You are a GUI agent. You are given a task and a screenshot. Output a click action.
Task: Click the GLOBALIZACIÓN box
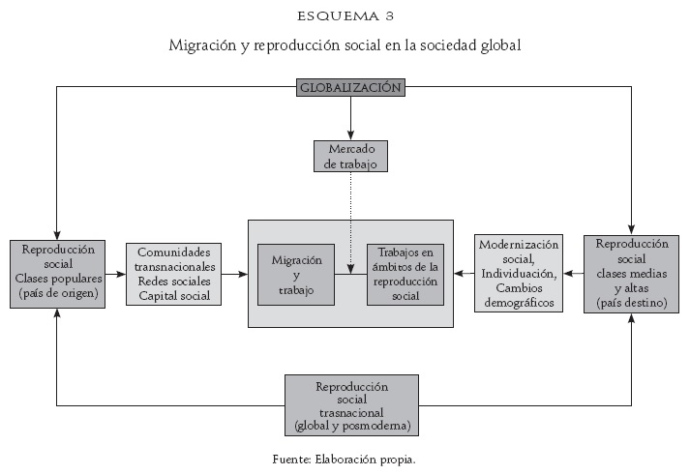point(350,87)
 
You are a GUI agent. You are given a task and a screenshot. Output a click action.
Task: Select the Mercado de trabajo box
point(350,156)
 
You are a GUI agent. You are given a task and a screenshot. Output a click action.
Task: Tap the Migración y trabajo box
point(297,275)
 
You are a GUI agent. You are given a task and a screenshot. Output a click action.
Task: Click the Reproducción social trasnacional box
point(350,405)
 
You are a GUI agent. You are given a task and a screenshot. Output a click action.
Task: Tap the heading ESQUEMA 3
point(345,16)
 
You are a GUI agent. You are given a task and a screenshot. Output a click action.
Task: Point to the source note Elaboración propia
point(345,460)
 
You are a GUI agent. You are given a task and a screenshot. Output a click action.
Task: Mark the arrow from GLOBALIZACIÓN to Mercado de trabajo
point(350,116)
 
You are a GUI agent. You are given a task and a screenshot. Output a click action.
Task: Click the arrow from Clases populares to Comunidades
point(116,274)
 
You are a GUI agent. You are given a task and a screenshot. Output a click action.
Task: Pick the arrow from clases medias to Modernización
point(575,274)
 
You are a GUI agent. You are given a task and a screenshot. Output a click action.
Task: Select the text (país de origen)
point(57,293)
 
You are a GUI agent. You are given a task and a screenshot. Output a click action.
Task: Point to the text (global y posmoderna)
point(350,426)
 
